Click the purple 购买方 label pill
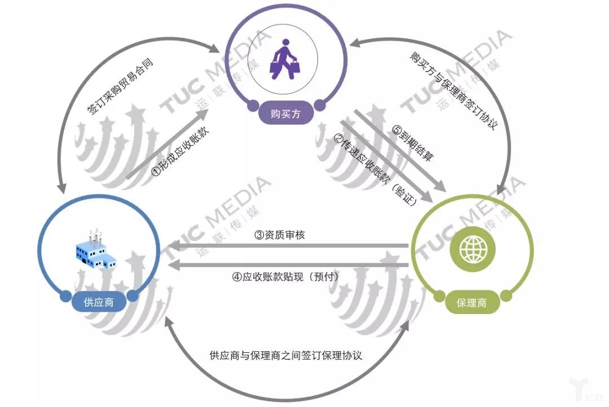285,114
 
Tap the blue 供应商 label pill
99,302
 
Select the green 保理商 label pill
471,302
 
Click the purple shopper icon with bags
285,59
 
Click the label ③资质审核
280,235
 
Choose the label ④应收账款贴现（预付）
285,277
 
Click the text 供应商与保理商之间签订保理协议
285,355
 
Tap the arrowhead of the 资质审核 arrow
173,245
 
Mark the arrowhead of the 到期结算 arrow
440,186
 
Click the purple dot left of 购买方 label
253,105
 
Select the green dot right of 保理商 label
506,297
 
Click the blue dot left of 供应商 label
66,296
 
